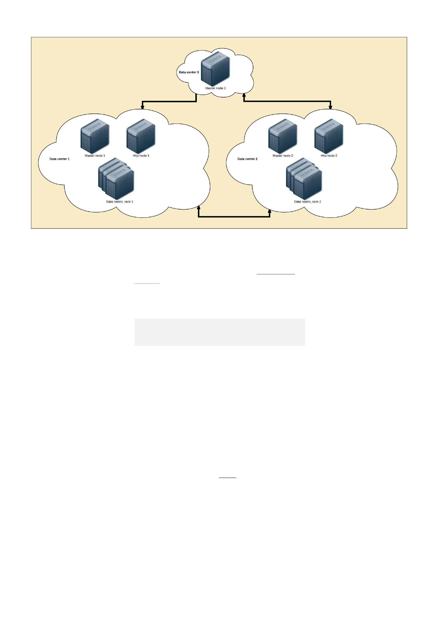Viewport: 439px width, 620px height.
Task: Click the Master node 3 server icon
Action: coord(215,69)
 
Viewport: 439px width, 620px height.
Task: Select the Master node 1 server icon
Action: coord(95,136)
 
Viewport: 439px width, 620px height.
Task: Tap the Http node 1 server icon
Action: coord(141,136)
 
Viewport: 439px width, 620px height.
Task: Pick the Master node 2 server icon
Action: coord(283,136)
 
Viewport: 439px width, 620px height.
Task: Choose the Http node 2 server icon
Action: coord(328,136)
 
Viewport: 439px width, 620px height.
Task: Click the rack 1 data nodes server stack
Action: coord(116,179)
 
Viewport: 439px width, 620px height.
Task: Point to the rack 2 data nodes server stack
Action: coord(304,179)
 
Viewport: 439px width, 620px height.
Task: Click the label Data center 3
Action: coord(189,72)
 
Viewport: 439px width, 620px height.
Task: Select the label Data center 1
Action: coord(59,159)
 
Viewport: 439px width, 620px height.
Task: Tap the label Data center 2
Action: coord(247,159)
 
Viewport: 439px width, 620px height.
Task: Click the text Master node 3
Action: coord(215,88)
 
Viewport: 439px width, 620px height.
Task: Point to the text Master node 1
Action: coord(95,156)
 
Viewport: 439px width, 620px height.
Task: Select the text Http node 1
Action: coord(141,156)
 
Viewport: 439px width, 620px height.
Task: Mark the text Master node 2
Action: coord(283,156)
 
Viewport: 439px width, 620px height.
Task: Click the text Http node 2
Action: coord(329,156)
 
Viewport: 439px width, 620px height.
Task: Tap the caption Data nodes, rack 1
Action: coord(119,202)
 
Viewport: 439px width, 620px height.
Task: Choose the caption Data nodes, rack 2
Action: coord(307,202)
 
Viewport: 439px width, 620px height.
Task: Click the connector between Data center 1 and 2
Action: coord(234,217)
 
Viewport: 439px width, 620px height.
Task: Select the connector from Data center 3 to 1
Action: coord(169,102)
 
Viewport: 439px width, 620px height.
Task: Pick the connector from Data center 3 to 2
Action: coord(287,101)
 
